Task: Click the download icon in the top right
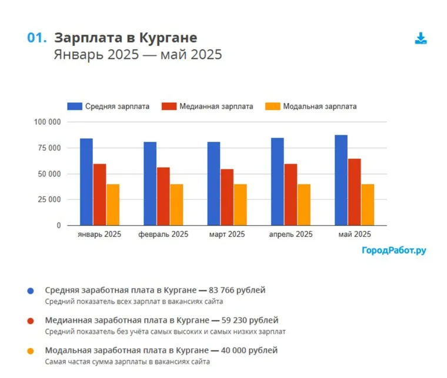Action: click(420, 39)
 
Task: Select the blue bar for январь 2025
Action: click(86, 182)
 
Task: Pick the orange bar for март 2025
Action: click(240, 205)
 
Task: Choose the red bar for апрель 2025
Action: click(291, 195)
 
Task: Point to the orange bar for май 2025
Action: click(368, 205)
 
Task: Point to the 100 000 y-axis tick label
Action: click(47, 122)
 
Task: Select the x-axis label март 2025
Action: click(226, 235)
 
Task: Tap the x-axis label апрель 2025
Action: click(291, 235)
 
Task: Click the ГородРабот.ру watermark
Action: click(393, 250)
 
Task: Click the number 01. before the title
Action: click(36, 38)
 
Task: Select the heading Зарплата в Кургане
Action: click(125, 38)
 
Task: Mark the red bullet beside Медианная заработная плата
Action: click(31, 321)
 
